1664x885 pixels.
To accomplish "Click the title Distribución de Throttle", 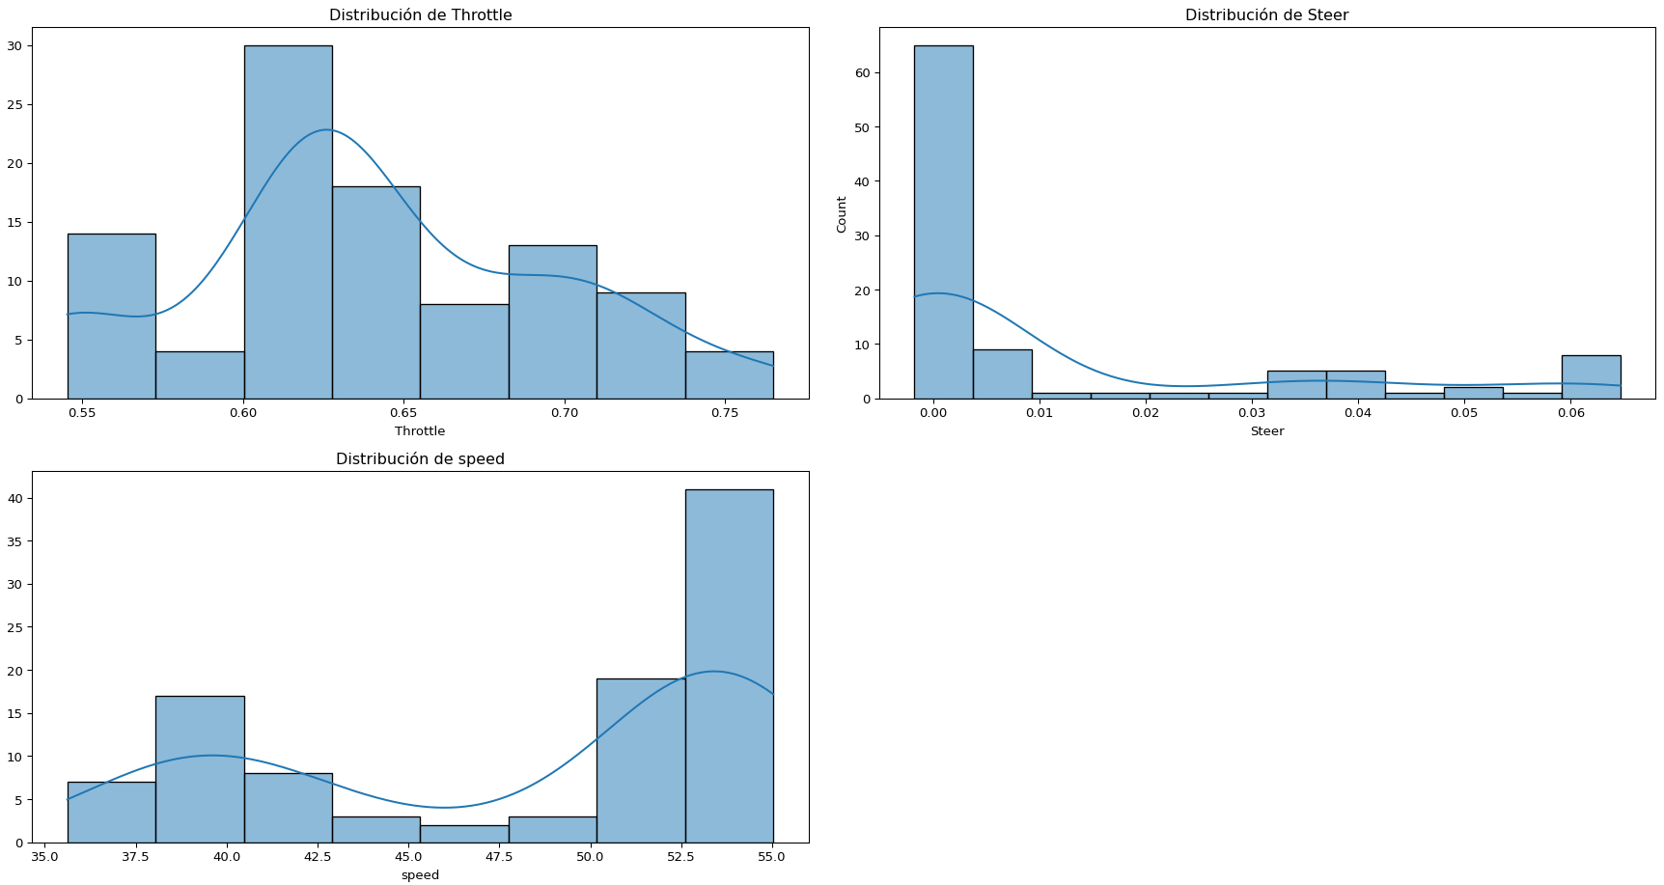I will tap(420, 15).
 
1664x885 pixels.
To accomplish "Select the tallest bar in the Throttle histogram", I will tap(288, 222).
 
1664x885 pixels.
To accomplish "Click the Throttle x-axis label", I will tap(420, 431).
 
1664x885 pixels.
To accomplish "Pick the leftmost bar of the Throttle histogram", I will tap(111, 317).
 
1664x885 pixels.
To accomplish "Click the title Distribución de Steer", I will tap(1266, 15).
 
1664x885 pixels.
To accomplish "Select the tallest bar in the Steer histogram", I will tap(943, 222).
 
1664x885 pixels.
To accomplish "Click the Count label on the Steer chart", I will tap(842, 214).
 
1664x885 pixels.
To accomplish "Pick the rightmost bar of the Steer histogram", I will tap(1591, 377).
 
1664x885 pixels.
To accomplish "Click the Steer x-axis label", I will tap(1266, 431).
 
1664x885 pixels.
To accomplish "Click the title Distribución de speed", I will tap(420, 459).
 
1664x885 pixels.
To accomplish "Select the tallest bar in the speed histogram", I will tap(729, 666).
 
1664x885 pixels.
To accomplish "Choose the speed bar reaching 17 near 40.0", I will tap(200, 769).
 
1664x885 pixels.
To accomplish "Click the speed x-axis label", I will tap(420, 875).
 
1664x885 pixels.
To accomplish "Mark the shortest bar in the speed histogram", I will tap(464, 834).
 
